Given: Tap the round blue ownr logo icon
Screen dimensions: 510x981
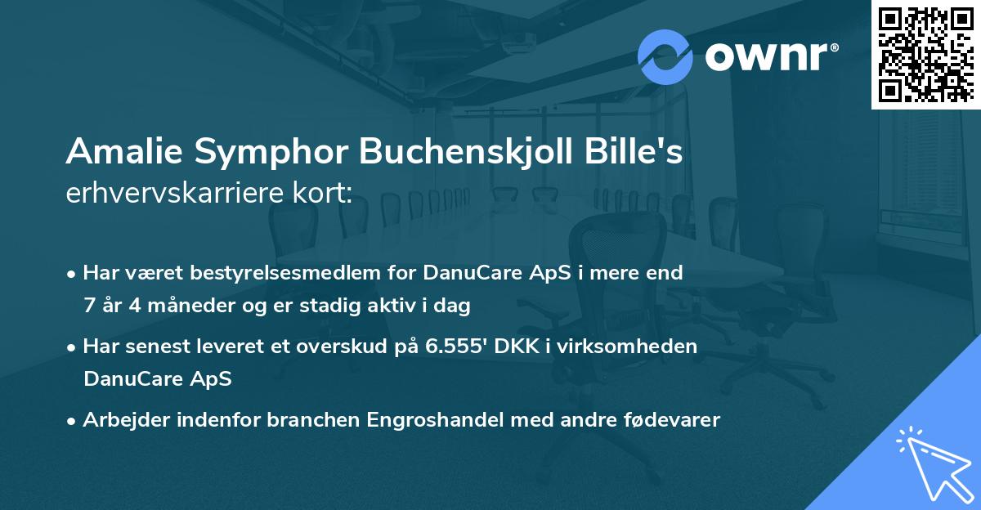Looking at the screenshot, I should (x=665, y=57).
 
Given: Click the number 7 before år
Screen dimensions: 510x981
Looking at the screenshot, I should (x=89, y=306).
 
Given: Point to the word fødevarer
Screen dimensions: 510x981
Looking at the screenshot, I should (x=670, y=420).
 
